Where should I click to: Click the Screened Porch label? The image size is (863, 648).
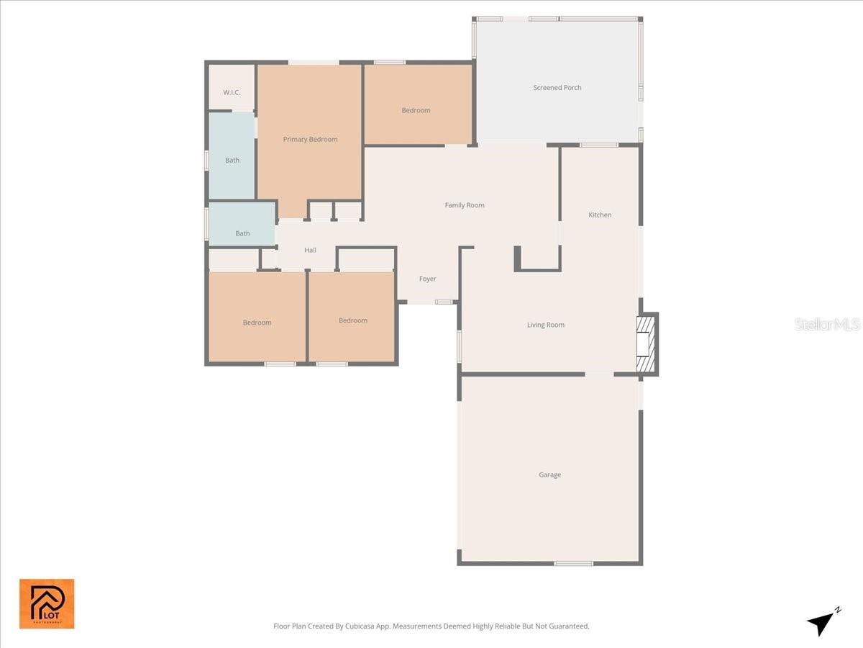point(557,88)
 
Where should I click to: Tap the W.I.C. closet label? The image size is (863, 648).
point(232,93)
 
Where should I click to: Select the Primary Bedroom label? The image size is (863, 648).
point(310,140)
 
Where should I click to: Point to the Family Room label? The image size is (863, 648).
point(465,205)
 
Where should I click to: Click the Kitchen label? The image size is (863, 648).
point(600,215)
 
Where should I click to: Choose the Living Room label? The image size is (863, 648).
point(546,325)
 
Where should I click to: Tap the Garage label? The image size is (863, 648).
point(550,475)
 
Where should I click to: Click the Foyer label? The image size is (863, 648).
point(428,279)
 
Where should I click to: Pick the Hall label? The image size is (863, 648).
point(310,251)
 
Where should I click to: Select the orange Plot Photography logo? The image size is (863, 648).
point(47,603)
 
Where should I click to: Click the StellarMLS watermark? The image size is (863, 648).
point(827,325)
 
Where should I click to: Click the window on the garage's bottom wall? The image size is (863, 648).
point(573,563)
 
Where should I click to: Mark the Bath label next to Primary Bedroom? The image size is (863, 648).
point(232,161)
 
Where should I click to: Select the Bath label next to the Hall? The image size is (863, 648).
point(243,234)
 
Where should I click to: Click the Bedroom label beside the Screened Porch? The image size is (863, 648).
point(416,111)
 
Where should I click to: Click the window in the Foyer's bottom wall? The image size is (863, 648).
point(444,302)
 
